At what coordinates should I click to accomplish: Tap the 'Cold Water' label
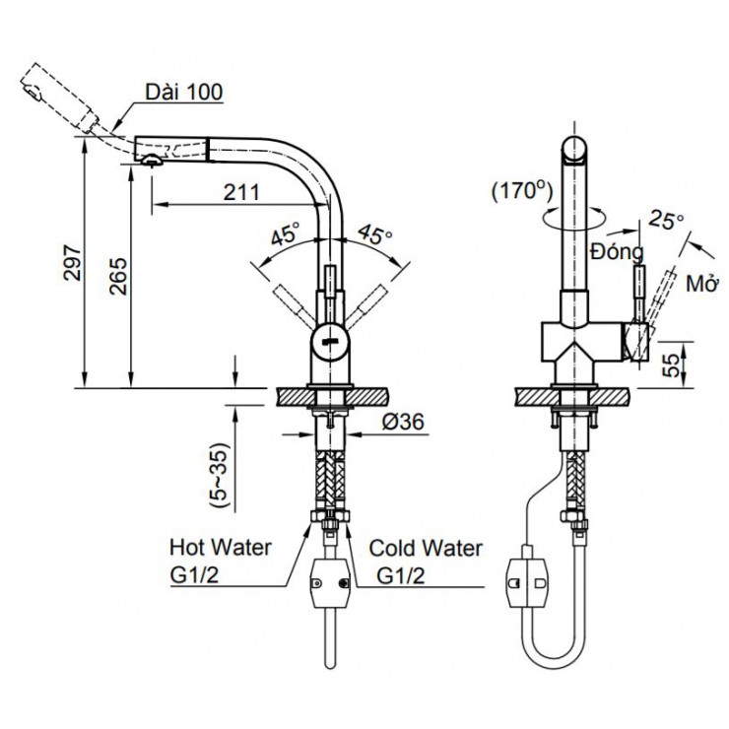[426, 547]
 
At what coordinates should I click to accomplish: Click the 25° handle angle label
[666, 222]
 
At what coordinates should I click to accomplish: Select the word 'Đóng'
[617, 254]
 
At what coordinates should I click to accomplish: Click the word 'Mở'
[700, 284]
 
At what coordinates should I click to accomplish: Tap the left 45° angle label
[287, 236]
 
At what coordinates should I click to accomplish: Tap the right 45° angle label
[374, 236]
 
